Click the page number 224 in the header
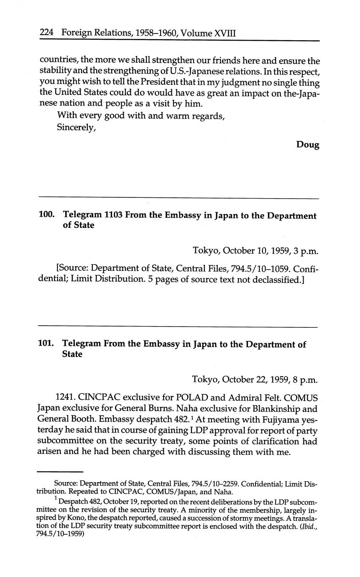pyautogui.click(x=48, y=32)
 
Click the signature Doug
pyautogui.click(x=308, y=145)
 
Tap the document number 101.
pyautogui.click(x=46, y=345)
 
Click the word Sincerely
pyautogui.click(x=77, y=128)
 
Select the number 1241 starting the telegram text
pyautogui.click(x=66, y=397)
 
